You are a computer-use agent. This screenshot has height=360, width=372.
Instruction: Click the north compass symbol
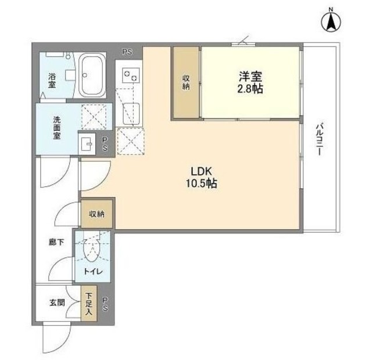pyautogui.click(x=331, y=21)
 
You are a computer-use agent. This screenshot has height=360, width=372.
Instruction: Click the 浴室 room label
pyautogui.click(x=51, y=80)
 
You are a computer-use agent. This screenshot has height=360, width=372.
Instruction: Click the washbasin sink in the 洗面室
pyautogui.click(x=88, y=143)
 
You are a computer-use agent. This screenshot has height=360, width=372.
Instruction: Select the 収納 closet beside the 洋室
pyautogui.click(x=186, y=83)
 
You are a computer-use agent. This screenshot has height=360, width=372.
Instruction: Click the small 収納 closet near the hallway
pyautogui.click(x=97, y=214)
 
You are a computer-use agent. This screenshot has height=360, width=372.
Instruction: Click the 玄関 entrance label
pyautogui.click(x=56, y=302)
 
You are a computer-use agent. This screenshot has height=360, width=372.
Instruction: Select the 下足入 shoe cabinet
pyautogui.click(x=88, y=304)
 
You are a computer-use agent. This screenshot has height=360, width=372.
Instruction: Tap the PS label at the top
pyautogui.click(x=127, y=51)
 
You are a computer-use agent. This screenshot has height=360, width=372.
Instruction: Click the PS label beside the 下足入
pyautogui.click(x=105, y=304)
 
